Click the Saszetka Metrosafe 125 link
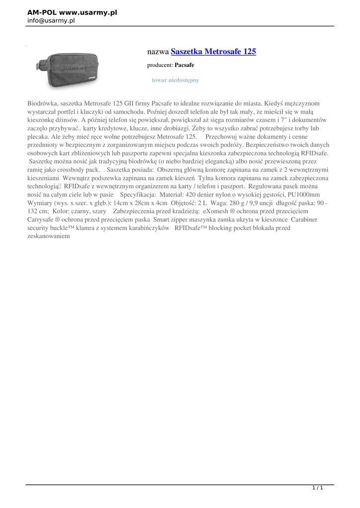(214, 51)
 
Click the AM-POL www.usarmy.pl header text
(72, 12)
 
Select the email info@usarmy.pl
(51, 20)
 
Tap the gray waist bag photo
(67, 70)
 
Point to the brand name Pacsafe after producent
(184, 65)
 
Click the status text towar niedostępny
(175, 79)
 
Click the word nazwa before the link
(158, 52)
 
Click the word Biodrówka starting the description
(43, 104)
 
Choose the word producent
(159, 65)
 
